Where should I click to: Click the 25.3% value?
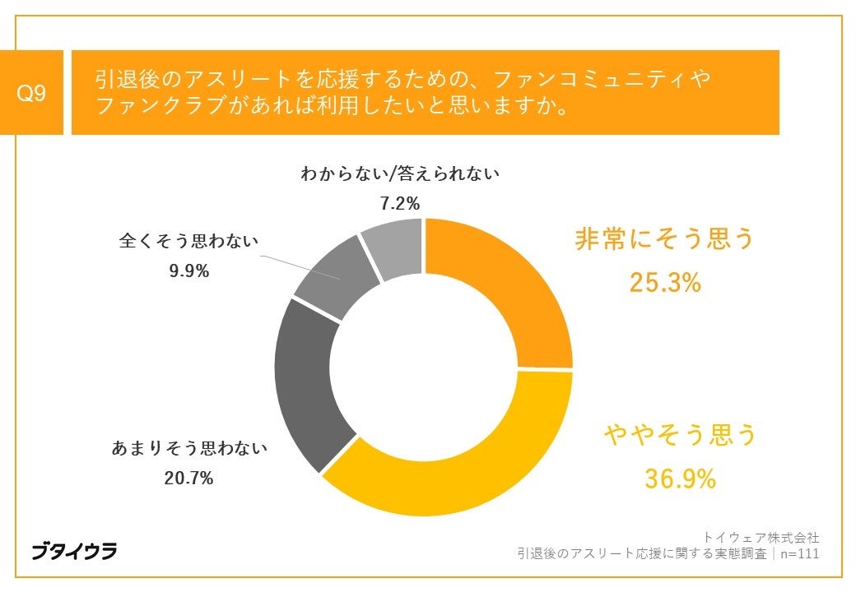[x=665, y=283]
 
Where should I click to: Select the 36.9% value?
[x=680, y=479]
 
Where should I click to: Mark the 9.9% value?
[x=188, y=271]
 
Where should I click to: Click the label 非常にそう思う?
[x=664, y=239]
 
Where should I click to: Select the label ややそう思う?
[x=680, y=435]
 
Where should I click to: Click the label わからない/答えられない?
[x=400, y=173]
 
